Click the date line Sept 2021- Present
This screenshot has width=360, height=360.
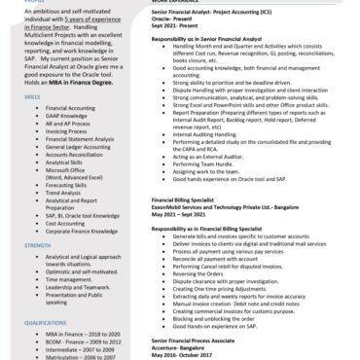[x=157, y=26]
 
